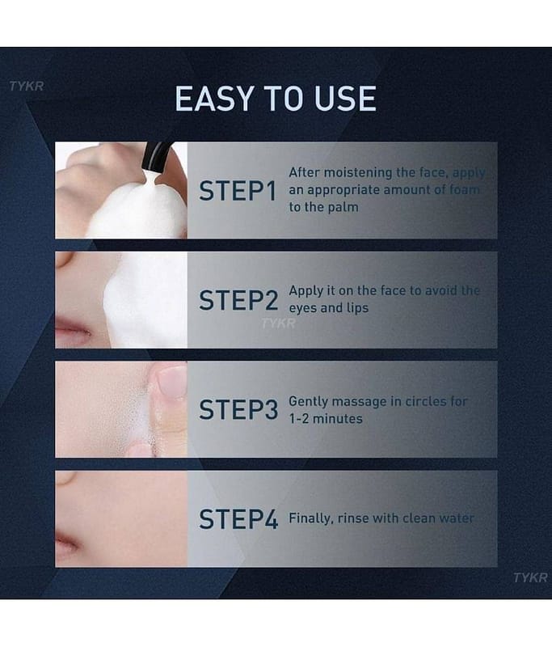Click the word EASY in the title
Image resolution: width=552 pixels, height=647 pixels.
click(213, 99)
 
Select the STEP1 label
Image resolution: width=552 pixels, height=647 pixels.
click(238, 191)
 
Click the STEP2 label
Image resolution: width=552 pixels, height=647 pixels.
click(238, 300)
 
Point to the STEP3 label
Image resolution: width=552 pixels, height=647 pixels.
click(238, 410)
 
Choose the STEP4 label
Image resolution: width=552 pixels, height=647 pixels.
click(238, 519)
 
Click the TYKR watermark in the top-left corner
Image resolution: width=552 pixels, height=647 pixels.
click(27, 87)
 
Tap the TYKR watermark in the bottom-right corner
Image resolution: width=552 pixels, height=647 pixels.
click(530, 577)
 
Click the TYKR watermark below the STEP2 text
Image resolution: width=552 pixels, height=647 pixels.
click(278, 323)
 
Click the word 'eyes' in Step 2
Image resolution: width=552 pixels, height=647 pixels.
click(303, 308)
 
